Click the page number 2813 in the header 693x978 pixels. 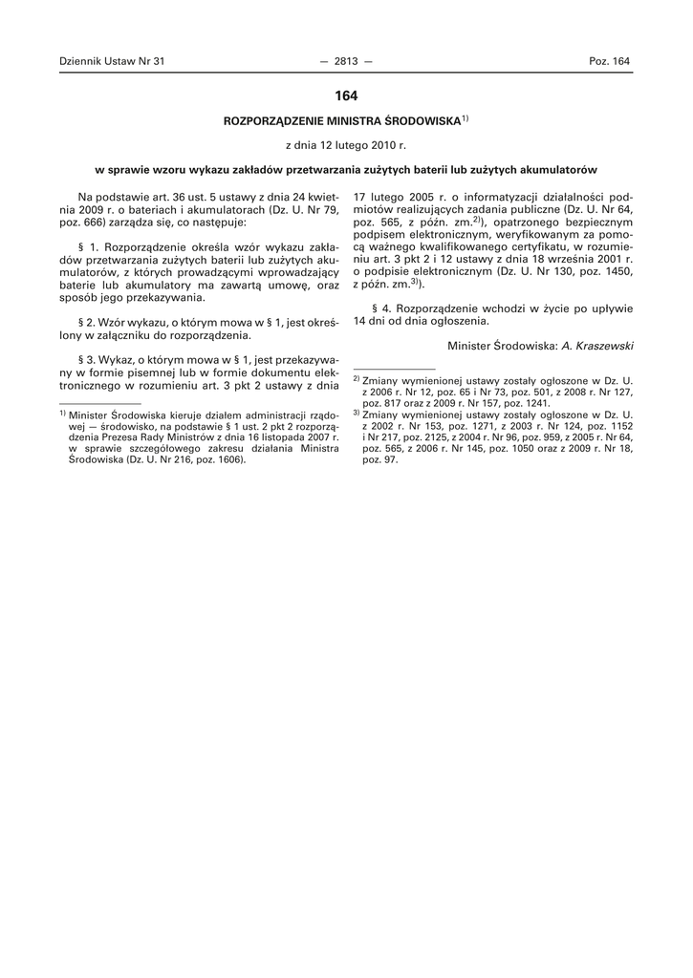[x=345, y=61]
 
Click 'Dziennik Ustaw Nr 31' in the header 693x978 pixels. [x=112, y=61]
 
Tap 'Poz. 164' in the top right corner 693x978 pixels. [x=609, y=61]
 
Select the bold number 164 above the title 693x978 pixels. [x=346, y=96]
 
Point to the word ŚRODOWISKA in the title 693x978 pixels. [x=422, y=123]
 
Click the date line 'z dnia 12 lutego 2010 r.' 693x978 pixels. [x=346, y=146]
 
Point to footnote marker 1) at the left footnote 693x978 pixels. [x=62, y=414]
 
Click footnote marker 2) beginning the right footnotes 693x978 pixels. [x=356, y=379]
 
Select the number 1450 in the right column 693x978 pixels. [x=614, y=271]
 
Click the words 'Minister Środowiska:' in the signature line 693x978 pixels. [x=503, y=344]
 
